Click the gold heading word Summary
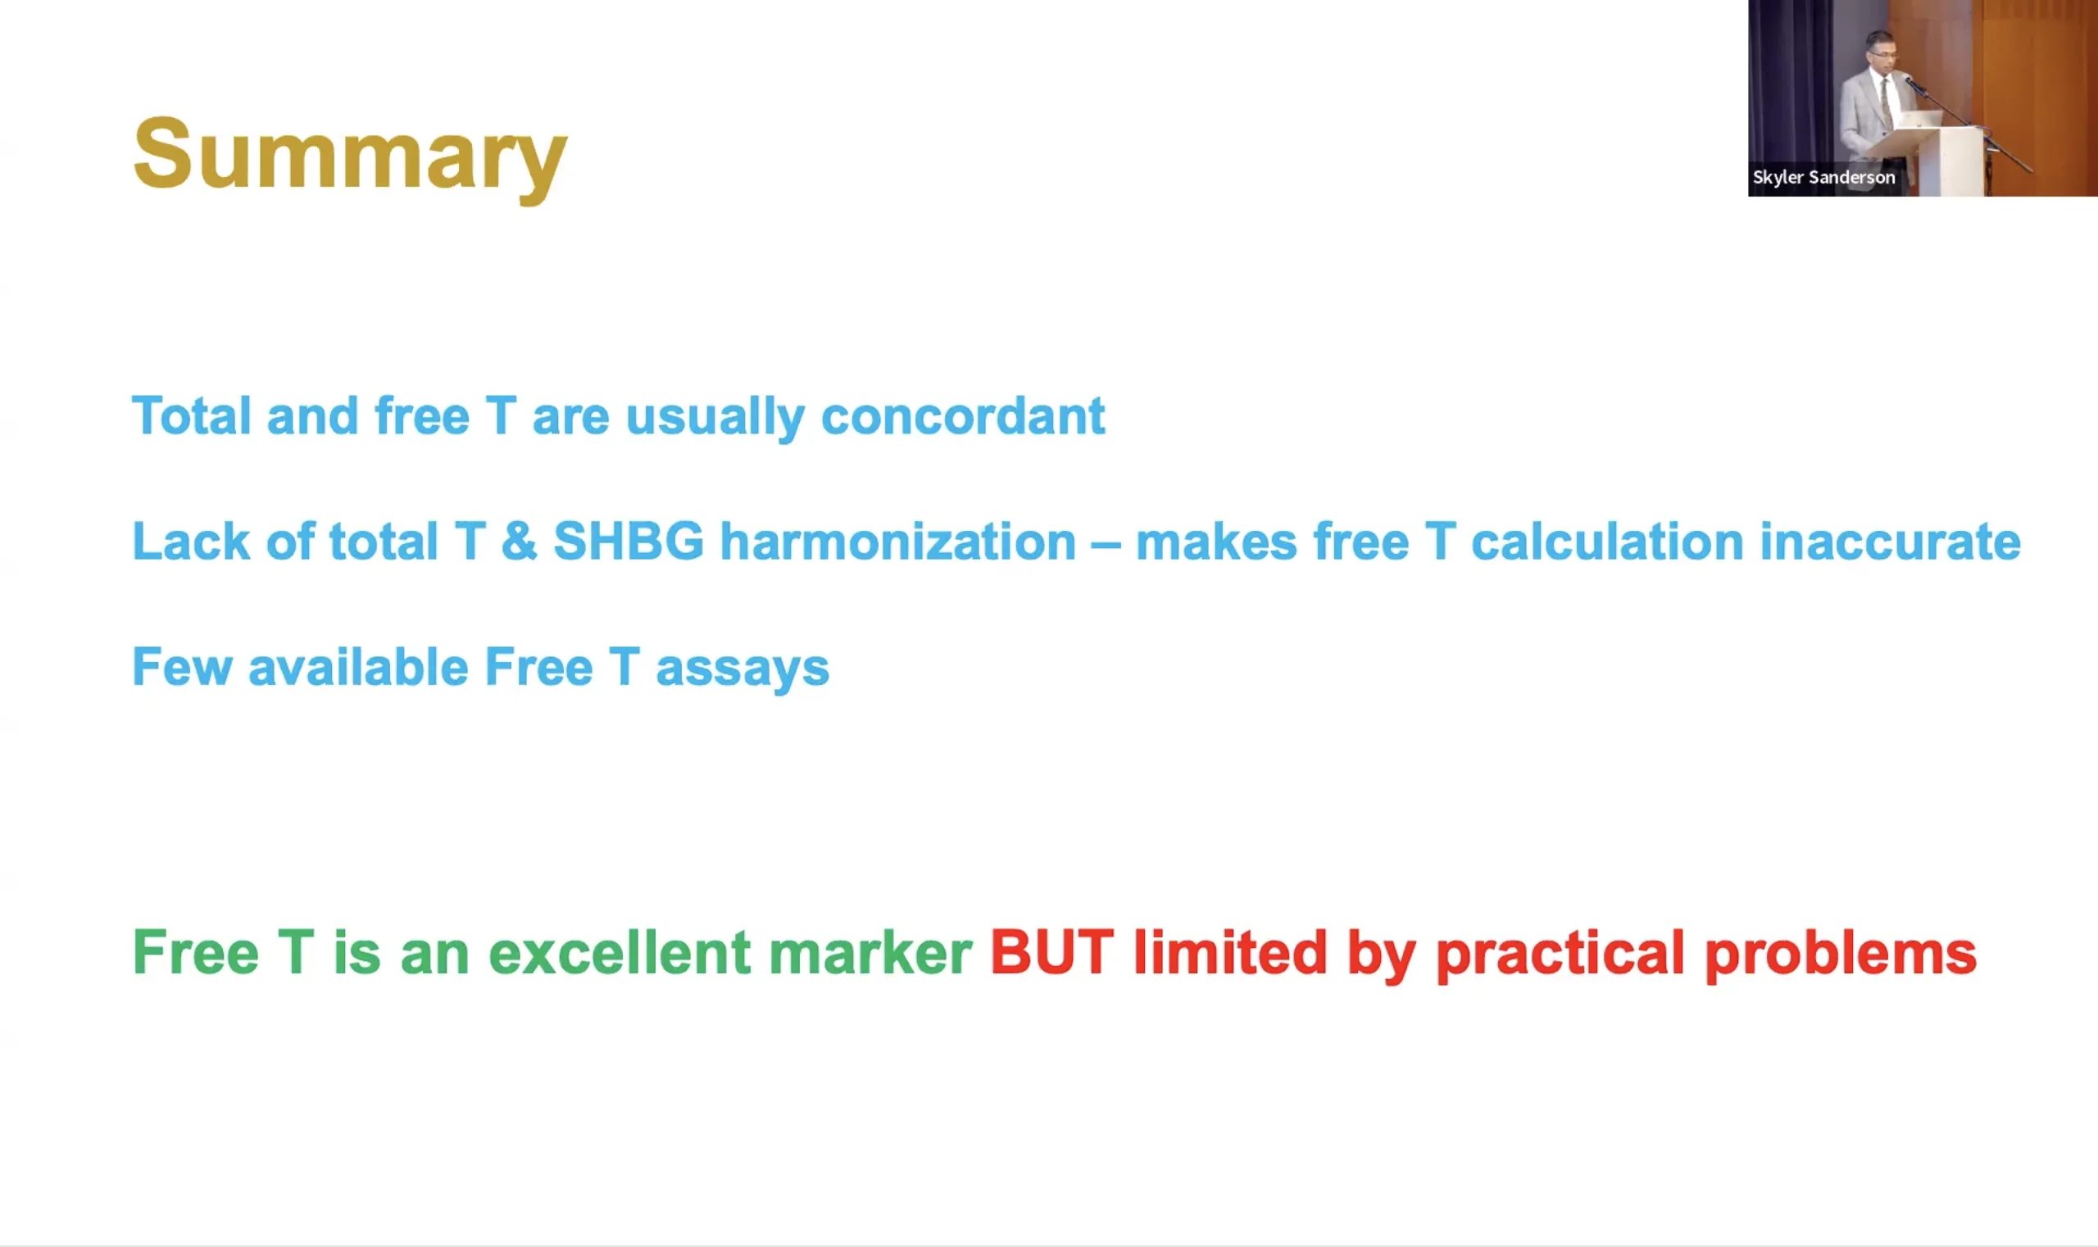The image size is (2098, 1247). coord(350,157)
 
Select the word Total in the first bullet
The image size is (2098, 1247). coord(192,415)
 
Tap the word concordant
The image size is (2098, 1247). coord(962,415)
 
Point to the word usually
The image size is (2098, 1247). coord(715,418)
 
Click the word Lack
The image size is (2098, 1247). coord(191,540)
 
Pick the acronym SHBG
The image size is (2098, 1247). coord(628,540)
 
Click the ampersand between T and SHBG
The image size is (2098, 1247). coord(519,540)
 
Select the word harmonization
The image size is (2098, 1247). coord(897,540)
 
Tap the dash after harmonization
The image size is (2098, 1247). coord(1106,544)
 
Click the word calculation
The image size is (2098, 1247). coord(1607,540)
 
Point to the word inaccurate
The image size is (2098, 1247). coord(1891,540)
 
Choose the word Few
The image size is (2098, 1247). coord(182,666)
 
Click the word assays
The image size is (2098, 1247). coord(742,669)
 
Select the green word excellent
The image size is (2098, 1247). coord(620,952)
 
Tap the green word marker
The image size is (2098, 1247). coord(870,952)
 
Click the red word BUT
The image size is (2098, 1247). coord(1052,952)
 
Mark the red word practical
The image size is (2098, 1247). coord(1560,955)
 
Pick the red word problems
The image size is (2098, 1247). coord(1841,955)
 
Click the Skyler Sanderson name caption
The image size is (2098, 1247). coord(1824,177)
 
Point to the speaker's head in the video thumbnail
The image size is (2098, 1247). coord(1881,52)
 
